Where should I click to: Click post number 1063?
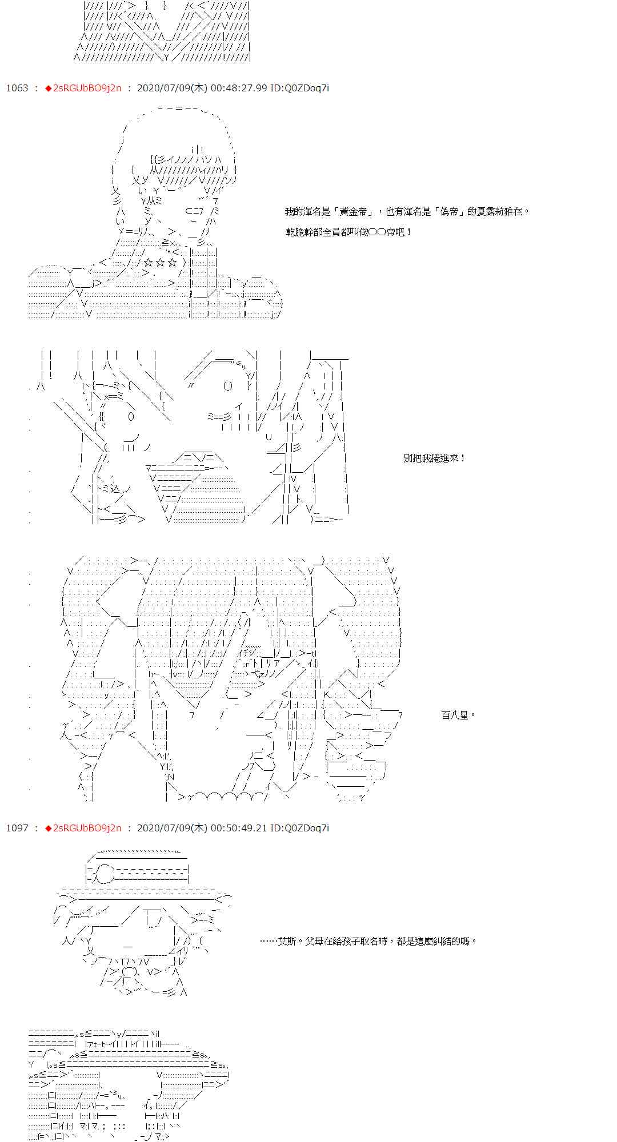point(17,88)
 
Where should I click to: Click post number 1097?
point(17,828)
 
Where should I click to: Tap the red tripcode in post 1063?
point(83,88)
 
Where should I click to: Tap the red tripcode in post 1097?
point(83,828)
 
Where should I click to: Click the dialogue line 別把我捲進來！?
point(435,458)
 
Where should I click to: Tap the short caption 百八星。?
point(459,715)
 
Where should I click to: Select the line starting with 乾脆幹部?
point(349,232)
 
